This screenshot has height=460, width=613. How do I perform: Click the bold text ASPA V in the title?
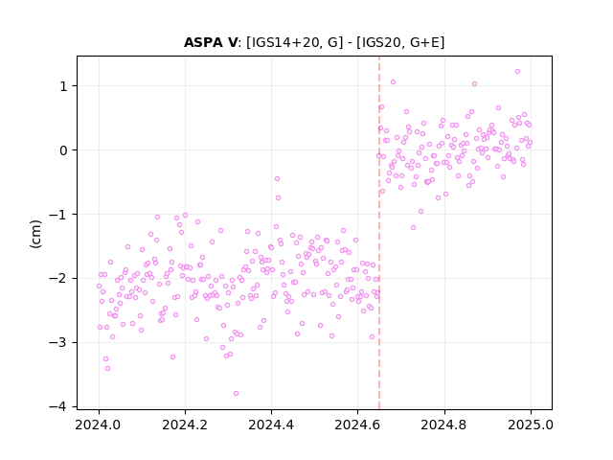coord(211,42)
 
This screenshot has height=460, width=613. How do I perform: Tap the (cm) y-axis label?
coord(35,234)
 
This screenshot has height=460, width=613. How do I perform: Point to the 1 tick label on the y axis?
coord(64,86)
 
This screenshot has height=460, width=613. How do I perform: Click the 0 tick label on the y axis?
coord(64,150)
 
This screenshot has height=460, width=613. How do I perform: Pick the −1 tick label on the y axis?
coord(58,215)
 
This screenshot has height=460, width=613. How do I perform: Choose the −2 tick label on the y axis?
coord(58,279)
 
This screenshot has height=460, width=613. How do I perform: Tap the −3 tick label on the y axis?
coord(58,343)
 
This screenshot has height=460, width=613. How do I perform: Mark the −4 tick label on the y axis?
coord(58,407)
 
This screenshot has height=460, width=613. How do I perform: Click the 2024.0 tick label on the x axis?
coord(99,425)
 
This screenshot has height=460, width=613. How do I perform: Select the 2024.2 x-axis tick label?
coord(185,425)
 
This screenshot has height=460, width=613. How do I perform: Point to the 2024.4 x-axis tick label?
coord(271,425)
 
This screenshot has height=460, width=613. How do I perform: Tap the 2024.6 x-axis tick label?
coord(357,425)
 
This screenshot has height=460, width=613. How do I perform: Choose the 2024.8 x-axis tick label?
coord(444,425)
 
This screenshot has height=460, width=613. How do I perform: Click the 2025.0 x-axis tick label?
coord(531,425)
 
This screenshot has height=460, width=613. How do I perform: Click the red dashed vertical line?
coord(379,233)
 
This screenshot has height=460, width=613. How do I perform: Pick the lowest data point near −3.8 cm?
coord(236,394)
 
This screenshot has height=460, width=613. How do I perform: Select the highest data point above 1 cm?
coord(517,72)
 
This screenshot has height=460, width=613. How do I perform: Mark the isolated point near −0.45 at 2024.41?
coord(277,179)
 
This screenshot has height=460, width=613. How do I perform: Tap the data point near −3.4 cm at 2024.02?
coord(107,368)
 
